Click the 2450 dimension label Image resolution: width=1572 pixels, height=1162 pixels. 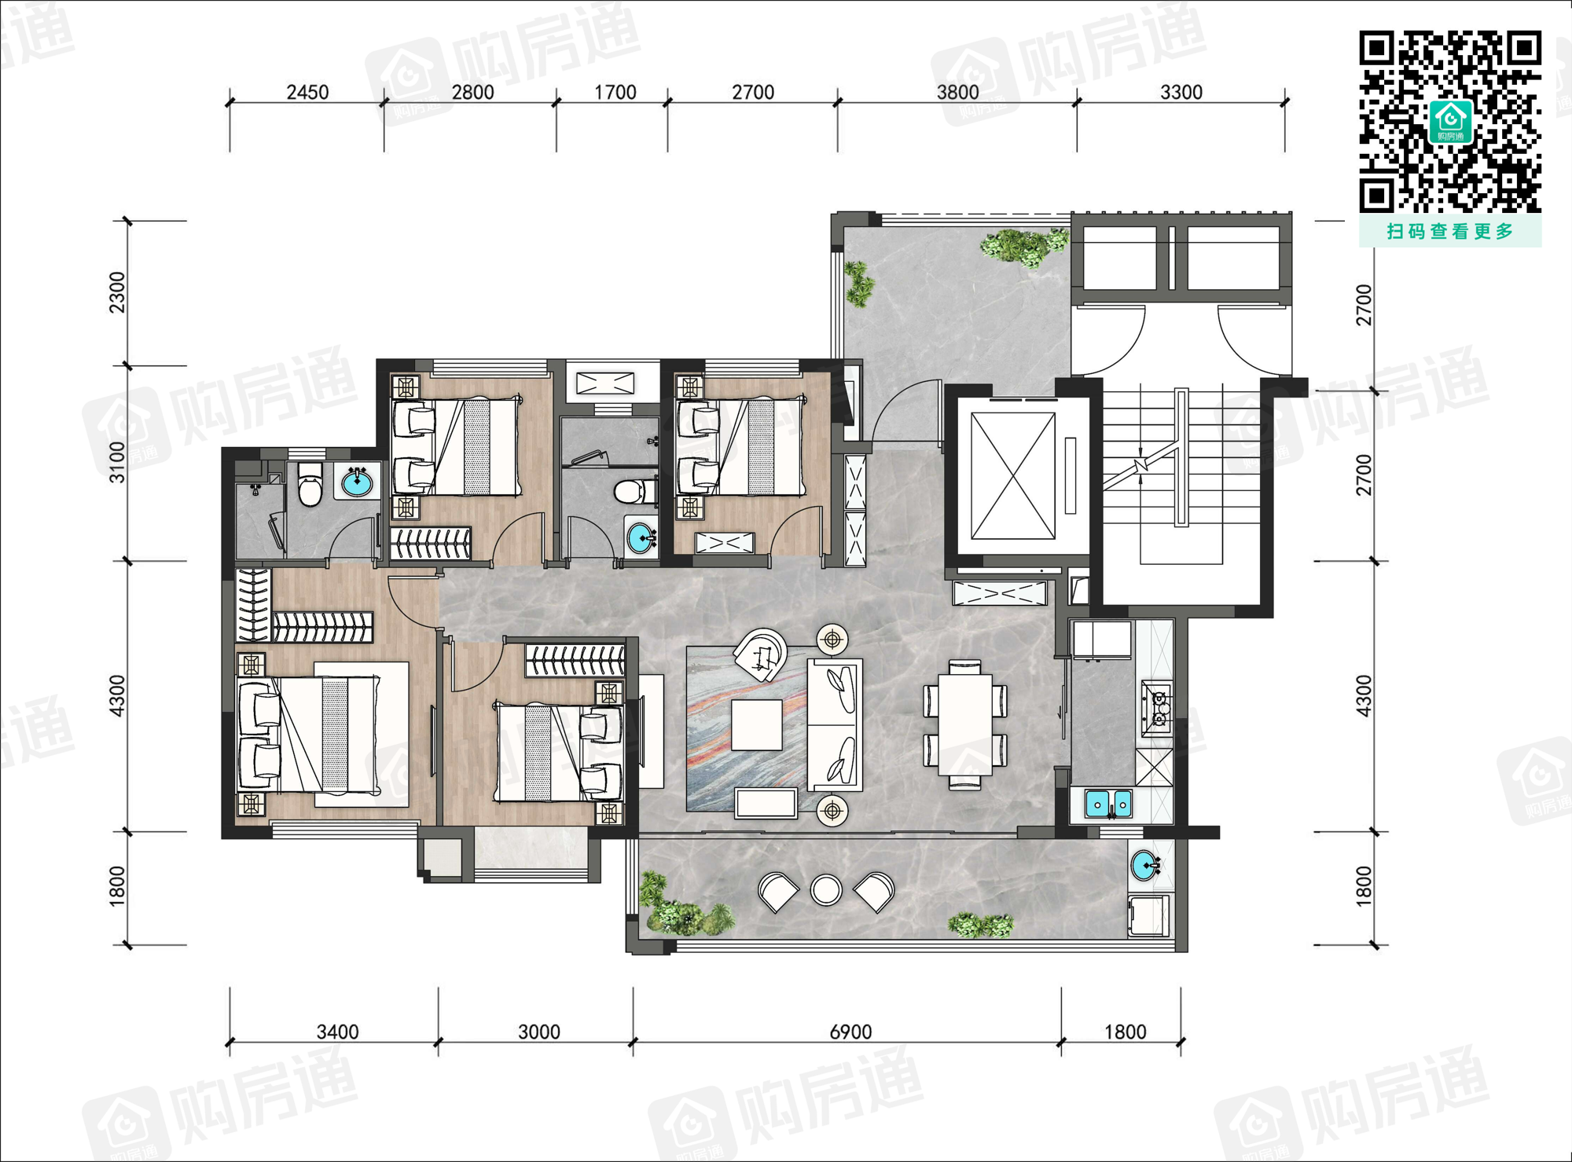coord(307,92)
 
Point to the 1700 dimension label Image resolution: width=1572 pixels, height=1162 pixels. coord(615,92)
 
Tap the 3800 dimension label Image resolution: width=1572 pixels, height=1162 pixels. coord(957,92)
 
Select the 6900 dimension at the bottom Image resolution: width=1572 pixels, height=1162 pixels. coord(850,1032)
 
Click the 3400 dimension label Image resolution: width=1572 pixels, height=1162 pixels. coord(337,1032)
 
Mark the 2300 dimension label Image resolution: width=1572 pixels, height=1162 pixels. coord(117,292)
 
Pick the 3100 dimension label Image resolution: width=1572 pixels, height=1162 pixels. coord(117,462)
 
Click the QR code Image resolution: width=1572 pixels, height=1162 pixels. coord(1450,122)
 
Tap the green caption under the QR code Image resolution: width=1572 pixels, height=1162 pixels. coord(1450,231)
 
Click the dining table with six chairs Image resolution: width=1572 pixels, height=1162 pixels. coord(964,724)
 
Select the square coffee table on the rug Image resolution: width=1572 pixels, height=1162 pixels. coord(756,725)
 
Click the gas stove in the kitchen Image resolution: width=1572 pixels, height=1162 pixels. coord(1157,705)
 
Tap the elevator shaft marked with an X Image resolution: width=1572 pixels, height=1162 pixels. coord(1013,476)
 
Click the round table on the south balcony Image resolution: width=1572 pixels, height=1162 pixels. coord(826,890)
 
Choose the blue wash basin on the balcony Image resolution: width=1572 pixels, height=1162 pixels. coord(1145,866)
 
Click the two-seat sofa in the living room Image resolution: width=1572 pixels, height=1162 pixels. coord(835,724)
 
